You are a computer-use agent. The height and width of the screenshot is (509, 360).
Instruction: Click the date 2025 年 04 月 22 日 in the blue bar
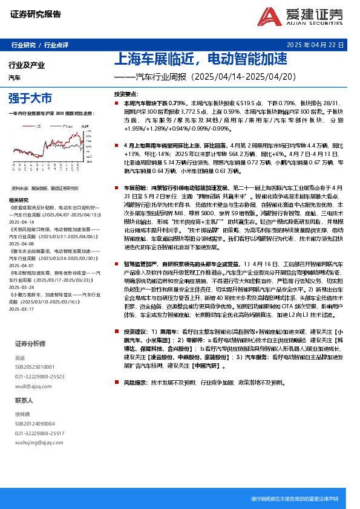(x=315, y=45)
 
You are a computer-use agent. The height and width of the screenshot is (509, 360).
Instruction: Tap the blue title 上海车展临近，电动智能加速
(x=200, y=60)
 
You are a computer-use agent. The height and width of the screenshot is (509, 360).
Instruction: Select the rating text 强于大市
(x=30, y=98)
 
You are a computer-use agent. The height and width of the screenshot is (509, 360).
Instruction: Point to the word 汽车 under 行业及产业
(x=15, y=78)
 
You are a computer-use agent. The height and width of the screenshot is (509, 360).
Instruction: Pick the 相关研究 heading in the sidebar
(x=19, y=200)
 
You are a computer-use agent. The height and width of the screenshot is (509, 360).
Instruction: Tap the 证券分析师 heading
(x=30, y=343)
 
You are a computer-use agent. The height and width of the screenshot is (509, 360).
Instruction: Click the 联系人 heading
(x=24, y=400)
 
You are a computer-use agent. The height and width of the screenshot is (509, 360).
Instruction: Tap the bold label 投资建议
(x=136, y=332)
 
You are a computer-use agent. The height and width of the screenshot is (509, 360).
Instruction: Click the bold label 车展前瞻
(x=136, y=188)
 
